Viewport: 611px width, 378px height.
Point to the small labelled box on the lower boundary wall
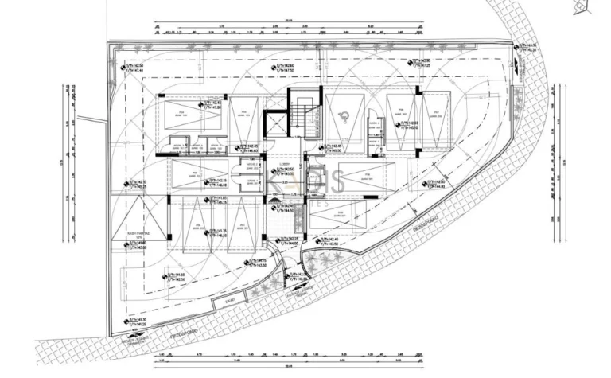pyautogui.click(x=230, y=303)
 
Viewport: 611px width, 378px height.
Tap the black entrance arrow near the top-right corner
pyautogui.click(x=513, y=59)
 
